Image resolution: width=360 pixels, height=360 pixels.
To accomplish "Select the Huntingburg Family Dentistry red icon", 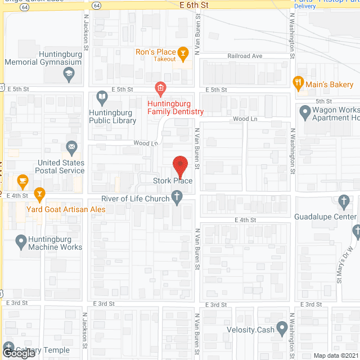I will coord(160,88).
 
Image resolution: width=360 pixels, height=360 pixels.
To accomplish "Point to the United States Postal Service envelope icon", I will coord(71,148).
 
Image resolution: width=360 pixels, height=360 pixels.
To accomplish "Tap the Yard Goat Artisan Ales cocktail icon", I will coord(39,195).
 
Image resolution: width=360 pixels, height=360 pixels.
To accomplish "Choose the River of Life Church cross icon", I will coord(177,197).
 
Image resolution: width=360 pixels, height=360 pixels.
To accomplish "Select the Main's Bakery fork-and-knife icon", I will coord(298,84).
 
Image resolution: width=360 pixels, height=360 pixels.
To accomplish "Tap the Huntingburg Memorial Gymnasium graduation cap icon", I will coord(69,73).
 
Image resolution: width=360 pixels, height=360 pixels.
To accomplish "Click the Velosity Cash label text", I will coord(249,330).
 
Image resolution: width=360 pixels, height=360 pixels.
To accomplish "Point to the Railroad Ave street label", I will coord(245,56).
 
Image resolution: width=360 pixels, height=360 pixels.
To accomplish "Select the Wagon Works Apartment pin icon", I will coord(305,114).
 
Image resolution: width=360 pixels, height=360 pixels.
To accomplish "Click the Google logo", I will coord(19,353).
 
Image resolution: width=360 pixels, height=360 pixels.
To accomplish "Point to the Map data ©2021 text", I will coord(335,355).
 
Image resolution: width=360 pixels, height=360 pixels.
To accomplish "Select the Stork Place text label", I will coord(173,181).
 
